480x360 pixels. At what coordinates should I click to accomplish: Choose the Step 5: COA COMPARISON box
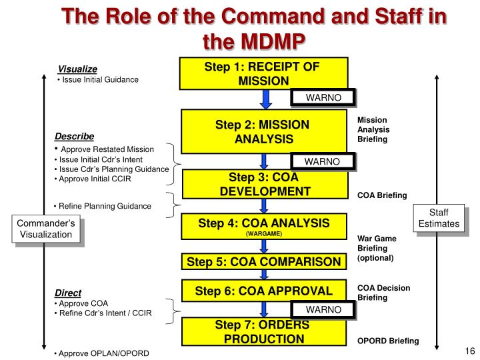click(x=265, y=261)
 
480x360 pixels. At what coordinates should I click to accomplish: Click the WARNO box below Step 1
click(x=323, y=98)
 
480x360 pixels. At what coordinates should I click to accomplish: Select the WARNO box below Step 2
click(x=323, y=161)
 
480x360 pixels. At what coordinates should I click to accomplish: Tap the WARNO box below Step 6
click(x=323, y=309)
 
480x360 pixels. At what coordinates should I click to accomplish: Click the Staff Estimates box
click(x=439, y=218)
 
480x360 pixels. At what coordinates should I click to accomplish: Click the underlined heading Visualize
click(x=77, y=69)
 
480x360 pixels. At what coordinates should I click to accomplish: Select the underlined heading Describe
click(x=74, y=136)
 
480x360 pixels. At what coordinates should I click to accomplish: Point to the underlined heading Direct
click(x=68, y=293)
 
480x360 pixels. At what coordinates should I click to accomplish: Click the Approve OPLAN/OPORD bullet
click(x=102, y=353)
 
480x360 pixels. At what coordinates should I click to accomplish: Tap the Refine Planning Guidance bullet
click(x=103, y=206)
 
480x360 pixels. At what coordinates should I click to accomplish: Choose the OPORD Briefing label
click(x=388, y=341)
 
